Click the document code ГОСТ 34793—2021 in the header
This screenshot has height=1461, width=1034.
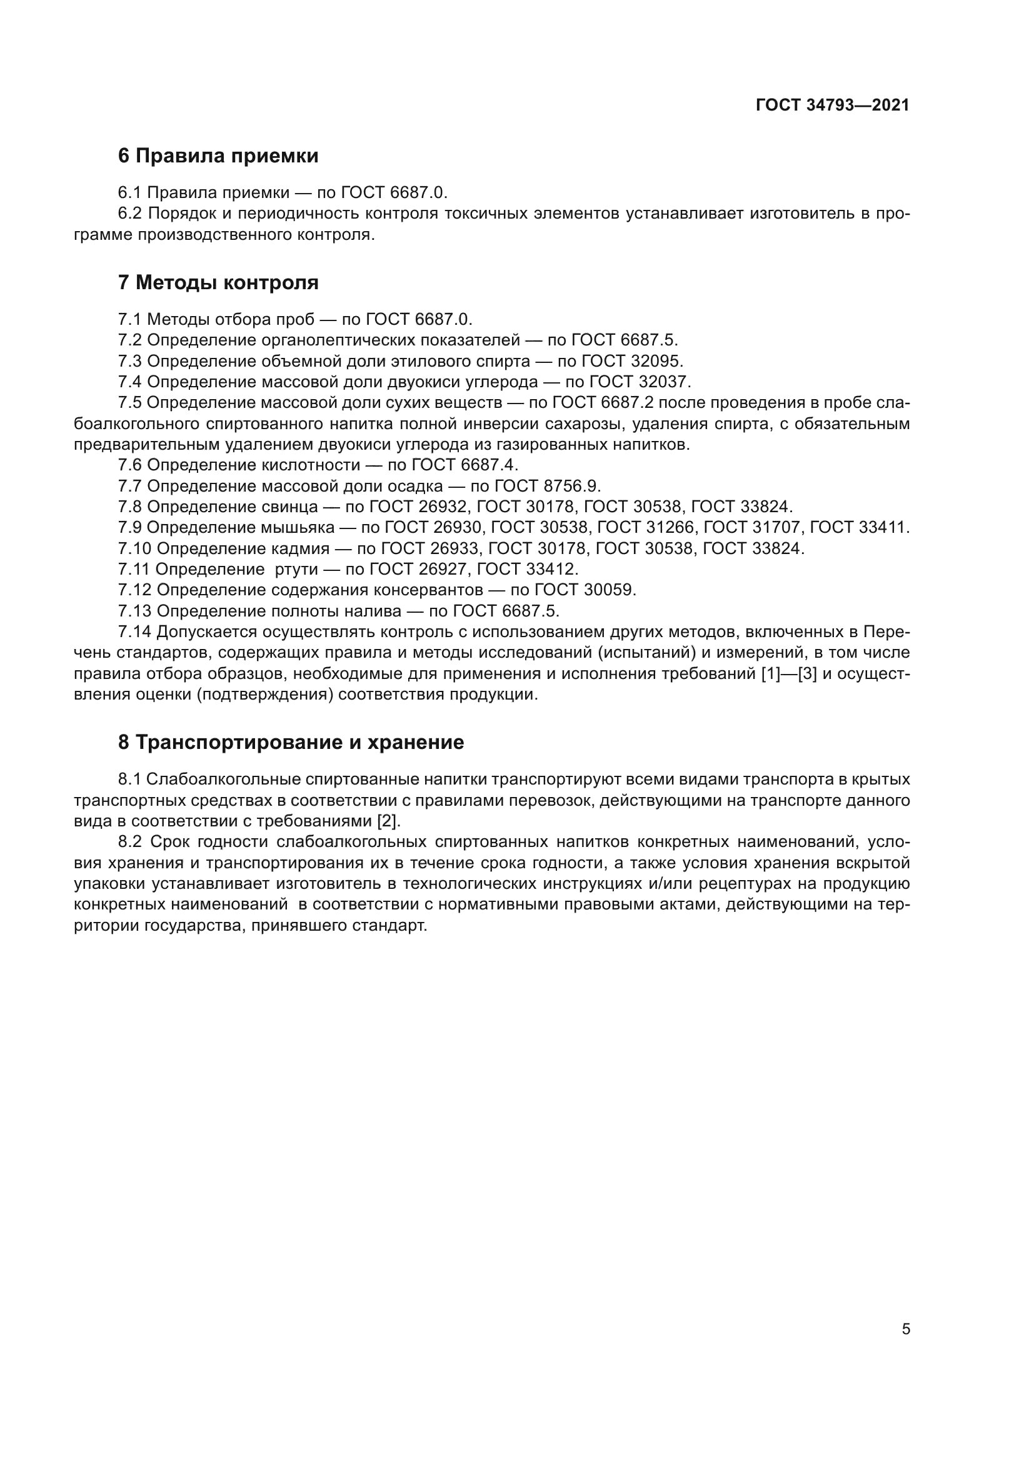tap(832, 105)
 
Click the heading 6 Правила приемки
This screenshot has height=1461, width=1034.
tap(218, 156)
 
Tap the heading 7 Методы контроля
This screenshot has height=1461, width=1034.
tap(218, 282)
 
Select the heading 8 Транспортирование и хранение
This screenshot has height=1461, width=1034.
tap(290, 743)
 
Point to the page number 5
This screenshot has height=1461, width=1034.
tap(906, 1329)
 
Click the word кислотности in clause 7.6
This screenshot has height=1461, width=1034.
tap(311, 465)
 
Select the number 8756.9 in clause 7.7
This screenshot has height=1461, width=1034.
tap(572, 486)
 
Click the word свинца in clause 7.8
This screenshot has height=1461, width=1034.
tap(289, 507)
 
